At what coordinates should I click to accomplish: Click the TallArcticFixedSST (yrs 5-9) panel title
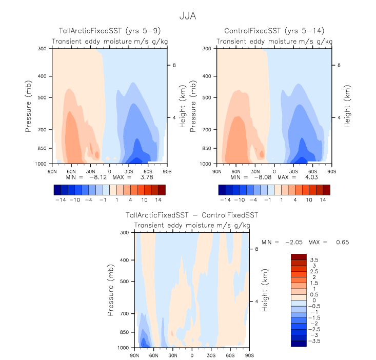click(107, 31)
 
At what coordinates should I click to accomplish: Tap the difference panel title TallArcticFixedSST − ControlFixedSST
click(192, 215)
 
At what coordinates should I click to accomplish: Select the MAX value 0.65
click(342, 242)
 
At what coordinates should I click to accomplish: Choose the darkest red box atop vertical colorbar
click(299, 257)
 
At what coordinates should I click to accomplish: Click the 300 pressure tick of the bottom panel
click(124, 233)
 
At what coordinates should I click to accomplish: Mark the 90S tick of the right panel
click(331, 170)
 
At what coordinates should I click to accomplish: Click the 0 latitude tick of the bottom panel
click(192, 354)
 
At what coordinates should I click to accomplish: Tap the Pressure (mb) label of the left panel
click(28, 106)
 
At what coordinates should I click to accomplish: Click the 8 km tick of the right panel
click(338, 65)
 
